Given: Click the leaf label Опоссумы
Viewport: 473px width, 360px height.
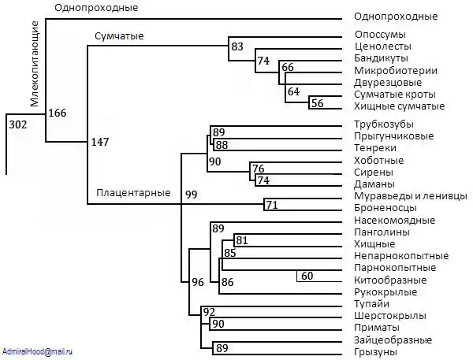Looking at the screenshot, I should pos(380,35).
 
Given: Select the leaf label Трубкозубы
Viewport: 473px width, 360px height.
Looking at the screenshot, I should pos(384,124).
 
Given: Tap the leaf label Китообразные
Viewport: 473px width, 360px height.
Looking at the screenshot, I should pos(390,280).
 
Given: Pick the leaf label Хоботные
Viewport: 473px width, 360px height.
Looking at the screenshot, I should pos(379,161).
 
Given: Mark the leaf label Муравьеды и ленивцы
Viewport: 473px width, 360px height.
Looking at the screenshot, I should pos(406,196).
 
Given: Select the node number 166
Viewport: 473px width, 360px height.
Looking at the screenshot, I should pos(57,113).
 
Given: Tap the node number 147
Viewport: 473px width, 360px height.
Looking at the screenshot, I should pos(99,142).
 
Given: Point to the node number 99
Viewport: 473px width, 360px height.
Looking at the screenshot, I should pos(191,194).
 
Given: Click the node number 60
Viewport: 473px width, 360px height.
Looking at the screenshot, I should pos(307,276).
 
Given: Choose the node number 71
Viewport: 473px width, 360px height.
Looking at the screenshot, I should pos(272,206).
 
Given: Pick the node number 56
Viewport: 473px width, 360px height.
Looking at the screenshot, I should pos(317,102).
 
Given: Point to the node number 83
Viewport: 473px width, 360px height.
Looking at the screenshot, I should pos(237,47).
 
